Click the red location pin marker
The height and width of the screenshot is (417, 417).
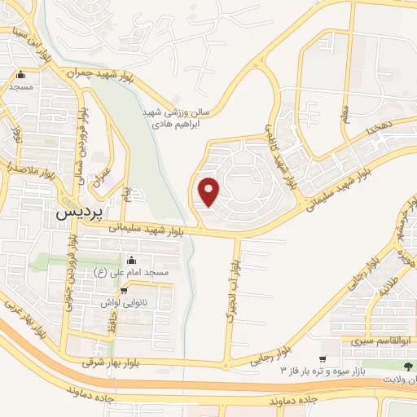pyautogui.click(x=210, y=191)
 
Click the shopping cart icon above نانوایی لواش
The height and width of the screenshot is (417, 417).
pyautogui.click(x=124, y=289)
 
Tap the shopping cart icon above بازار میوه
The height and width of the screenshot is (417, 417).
pyautogui.click(x=323, y=359)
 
